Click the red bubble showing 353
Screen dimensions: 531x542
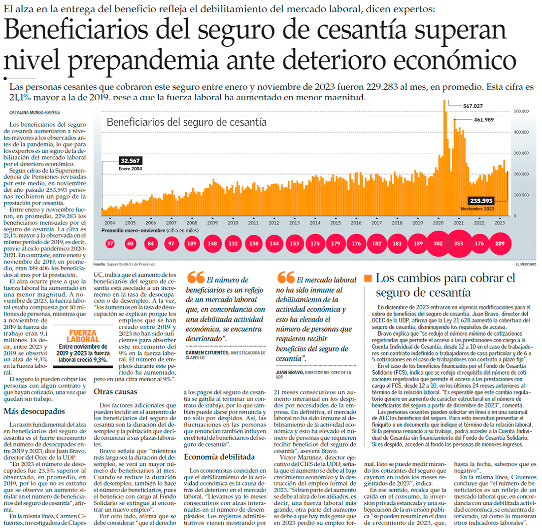click(x=459, y=244)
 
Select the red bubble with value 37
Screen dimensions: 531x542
click(x=110, y=244)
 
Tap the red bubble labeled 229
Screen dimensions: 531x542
click(x=500, y=244)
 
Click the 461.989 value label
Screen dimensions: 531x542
click(x=483, y=120)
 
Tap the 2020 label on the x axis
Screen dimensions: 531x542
click(x=438, y=223)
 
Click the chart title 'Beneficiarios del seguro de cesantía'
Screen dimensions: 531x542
click(x=187, y=122)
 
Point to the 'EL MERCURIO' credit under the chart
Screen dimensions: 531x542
click(x=526, y=264)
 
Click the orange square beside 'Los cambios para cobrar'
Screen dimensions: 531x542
click(x=369, y=279)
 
